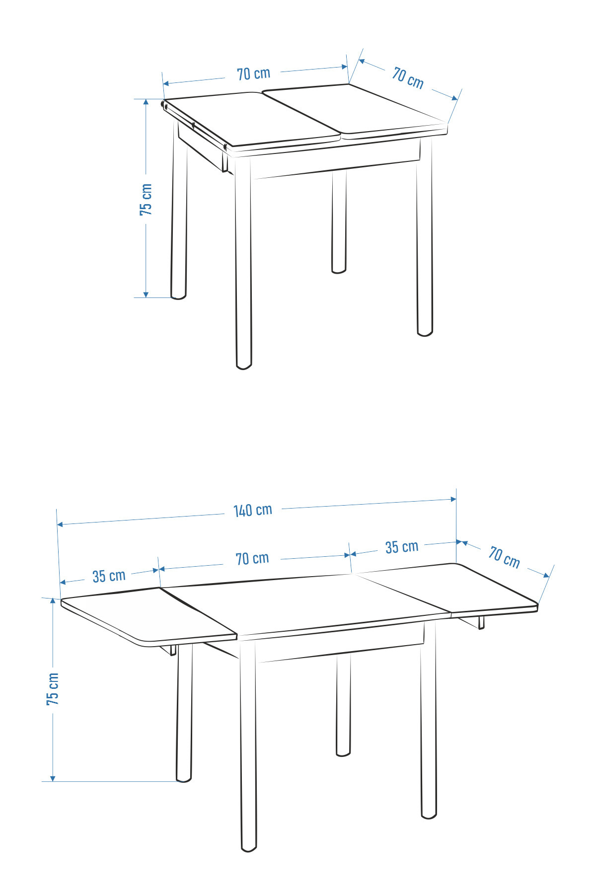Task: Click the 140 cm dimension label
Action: tap(253, 510)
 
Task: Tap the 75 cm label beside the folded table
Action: tap(146, 199)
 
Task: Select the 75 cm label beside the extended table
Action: tap(53, 689)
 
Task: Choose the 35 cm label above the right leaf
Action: tap(402, 547)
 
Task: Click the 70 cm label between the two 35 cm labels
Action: tap(252, 559)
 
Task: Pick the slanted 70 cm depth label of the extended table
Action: tap(504, 557)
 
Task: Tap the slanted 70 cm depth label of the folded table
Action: tap(408, 78)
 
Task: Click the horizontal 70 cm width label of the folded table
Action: tap(254, 74)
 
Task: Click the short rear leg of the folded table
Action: tap(339, 221)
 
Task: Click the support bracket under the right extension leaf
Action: tap(481, 623)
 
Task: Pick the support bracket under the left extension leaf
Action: tap(173, 650)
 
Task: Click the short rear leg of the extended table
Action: tap(343, 705)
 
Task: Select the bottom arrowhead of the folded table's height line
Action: tap(146, 295)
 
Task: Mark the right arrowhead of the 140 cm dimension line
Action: tap(453, 499)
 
